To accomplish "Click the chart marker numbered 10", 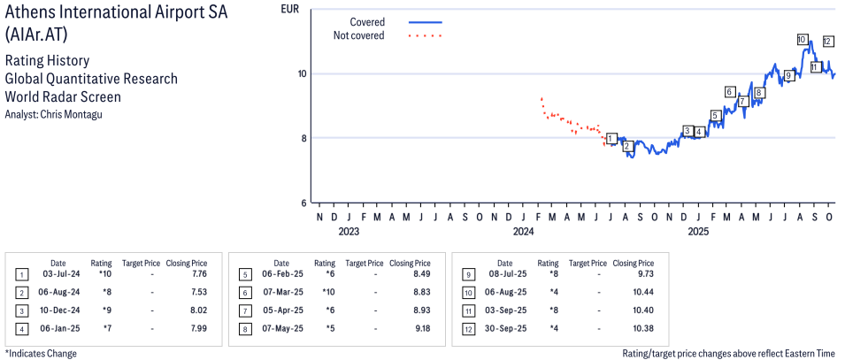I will click(x=802, y=40).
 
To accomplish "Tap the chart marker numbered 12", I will click(x=828, y=42).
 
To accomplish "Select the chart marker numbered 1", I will click(x=611, y=139).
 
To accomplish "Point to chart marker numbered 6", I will click(x=730, y=92).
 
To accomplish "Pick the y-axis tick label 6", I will click(x=303, y=202).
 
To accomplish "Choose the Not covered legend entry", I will click(x=358, y=35).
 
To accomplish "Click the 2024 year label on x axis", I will click(x=523, y=233).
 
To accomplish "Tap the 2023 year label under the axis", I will click(x=348, y=233).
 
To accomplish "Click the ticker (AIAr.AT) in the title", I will click(x=33, y=34).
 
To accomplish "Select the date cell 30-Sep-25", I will click(x=504, y=327).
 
